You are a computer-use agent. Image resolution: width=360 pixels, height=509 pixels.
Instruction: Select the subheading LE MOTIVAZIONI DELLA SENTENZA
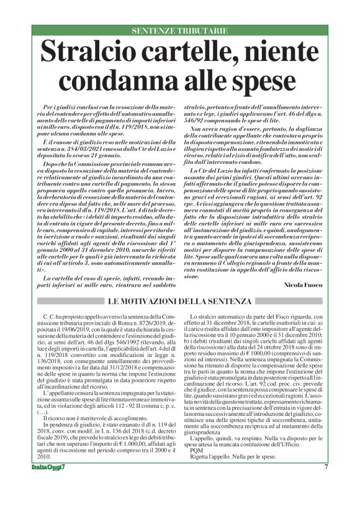(179, 301)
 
